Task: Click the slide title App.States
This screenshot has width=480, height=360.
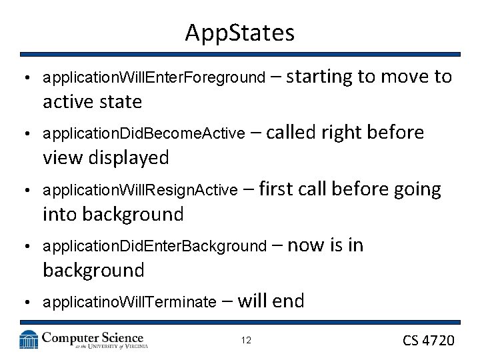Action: point(240,32)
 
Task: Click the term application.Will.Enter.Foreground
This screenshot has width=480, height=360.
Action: point(153,78)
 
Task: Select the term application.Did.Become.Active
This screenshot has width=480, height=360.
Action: point(143,134)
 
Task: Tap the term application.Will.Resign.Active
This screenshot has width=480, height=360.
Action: point(140,191)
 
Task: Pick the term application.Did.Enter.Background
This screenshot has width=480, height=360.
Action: point(154,247)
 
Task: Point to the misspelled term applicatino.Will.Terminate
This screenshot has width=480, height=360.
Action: point(129,303)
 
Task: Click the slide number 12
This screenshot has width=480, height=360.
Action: point(246,341)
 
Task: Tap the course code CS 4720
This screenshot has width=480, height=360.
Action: point(429,341)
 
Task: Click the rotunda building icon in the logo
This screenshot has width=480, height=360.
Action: point(29,340)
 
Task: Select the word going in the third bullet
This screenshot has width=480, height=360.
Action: point(417,190)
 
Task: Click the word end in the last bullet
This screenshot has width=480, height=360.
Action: point(288,302)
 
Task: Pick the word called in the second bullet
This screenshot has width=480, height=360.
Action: point(291,133)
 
